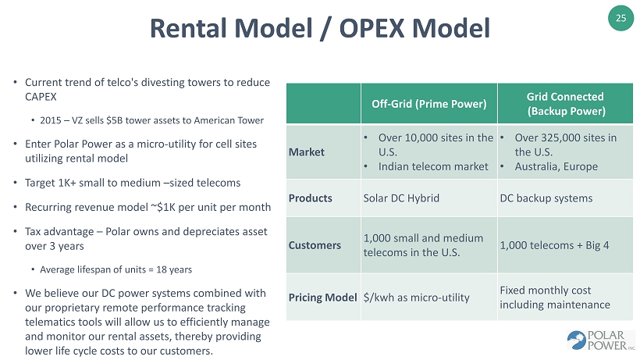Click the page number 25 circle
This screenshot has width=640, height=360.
pyautogui.click(x=620, y=18)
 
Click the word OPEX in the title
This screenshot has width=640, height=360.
pyautogui.click(x=371, y=28)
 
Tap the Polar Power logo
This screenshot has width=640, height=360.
pyautogui.click(x=600, y=340)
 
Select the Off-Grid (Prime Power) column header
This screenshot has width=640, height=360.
pyautogui.click(x=429, y=104)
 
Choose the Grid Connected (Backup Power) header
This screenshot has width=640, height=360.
pyautogui.click(x=566, y=104)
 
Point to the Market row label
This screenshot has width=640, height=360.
pyautogui.click(x=307, y=152)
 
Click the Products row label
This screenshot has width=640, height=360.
pyautogui.click(x=310, y=198)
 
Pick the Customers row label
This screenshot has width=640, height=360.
pyautogui.click(x=315, y=245)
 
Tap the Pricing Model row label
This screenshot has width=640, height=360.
pyautogui.click(x=323, y=298)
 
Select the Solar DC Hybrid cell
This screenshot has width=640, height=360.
pyautogui.click(x=401, y=198)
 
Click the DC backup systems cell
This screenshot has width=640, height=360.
pyautogui.click(x=546, y=198)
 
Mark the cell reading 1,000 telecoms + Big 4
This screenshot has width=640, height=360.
pyautogui.click(x=554, y=245)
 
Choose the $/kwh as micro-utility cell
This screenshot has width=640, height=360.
pyautogui.click(x=416, y=298)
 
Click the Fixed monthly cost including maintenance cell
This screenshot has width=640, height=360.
pyautogui.click(x=555, y=298)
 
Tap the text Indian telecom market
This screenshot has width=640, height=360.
pyautogui.click(x=433, y=166)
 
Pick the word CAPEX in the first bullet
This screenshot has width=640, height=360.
pyautogui.click(x=41, y=97)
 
